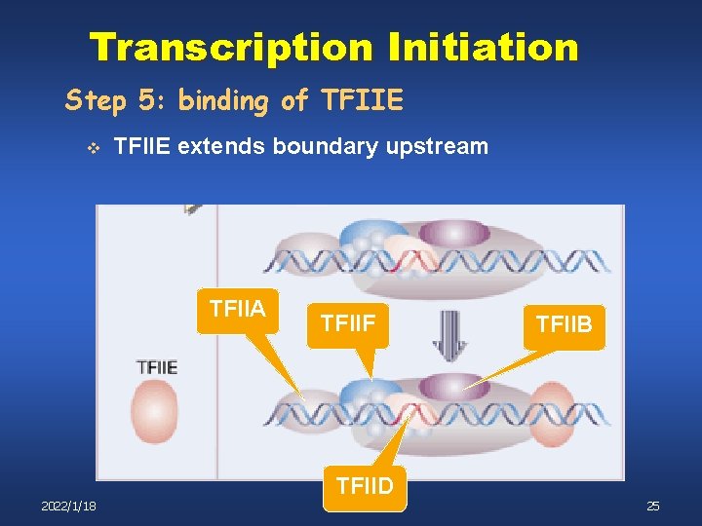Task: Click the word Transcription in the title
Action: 230,47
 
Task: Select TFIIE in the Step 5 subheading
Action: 360,100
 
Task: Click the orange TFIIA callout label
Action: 237,310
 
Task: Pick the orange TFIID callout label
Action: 365,483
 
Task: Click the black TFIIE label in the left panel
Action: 156,366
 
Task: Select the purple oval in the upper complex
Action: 453,235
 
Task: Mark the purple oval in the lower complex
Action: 454,386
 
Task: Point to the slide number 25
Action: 652,506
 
